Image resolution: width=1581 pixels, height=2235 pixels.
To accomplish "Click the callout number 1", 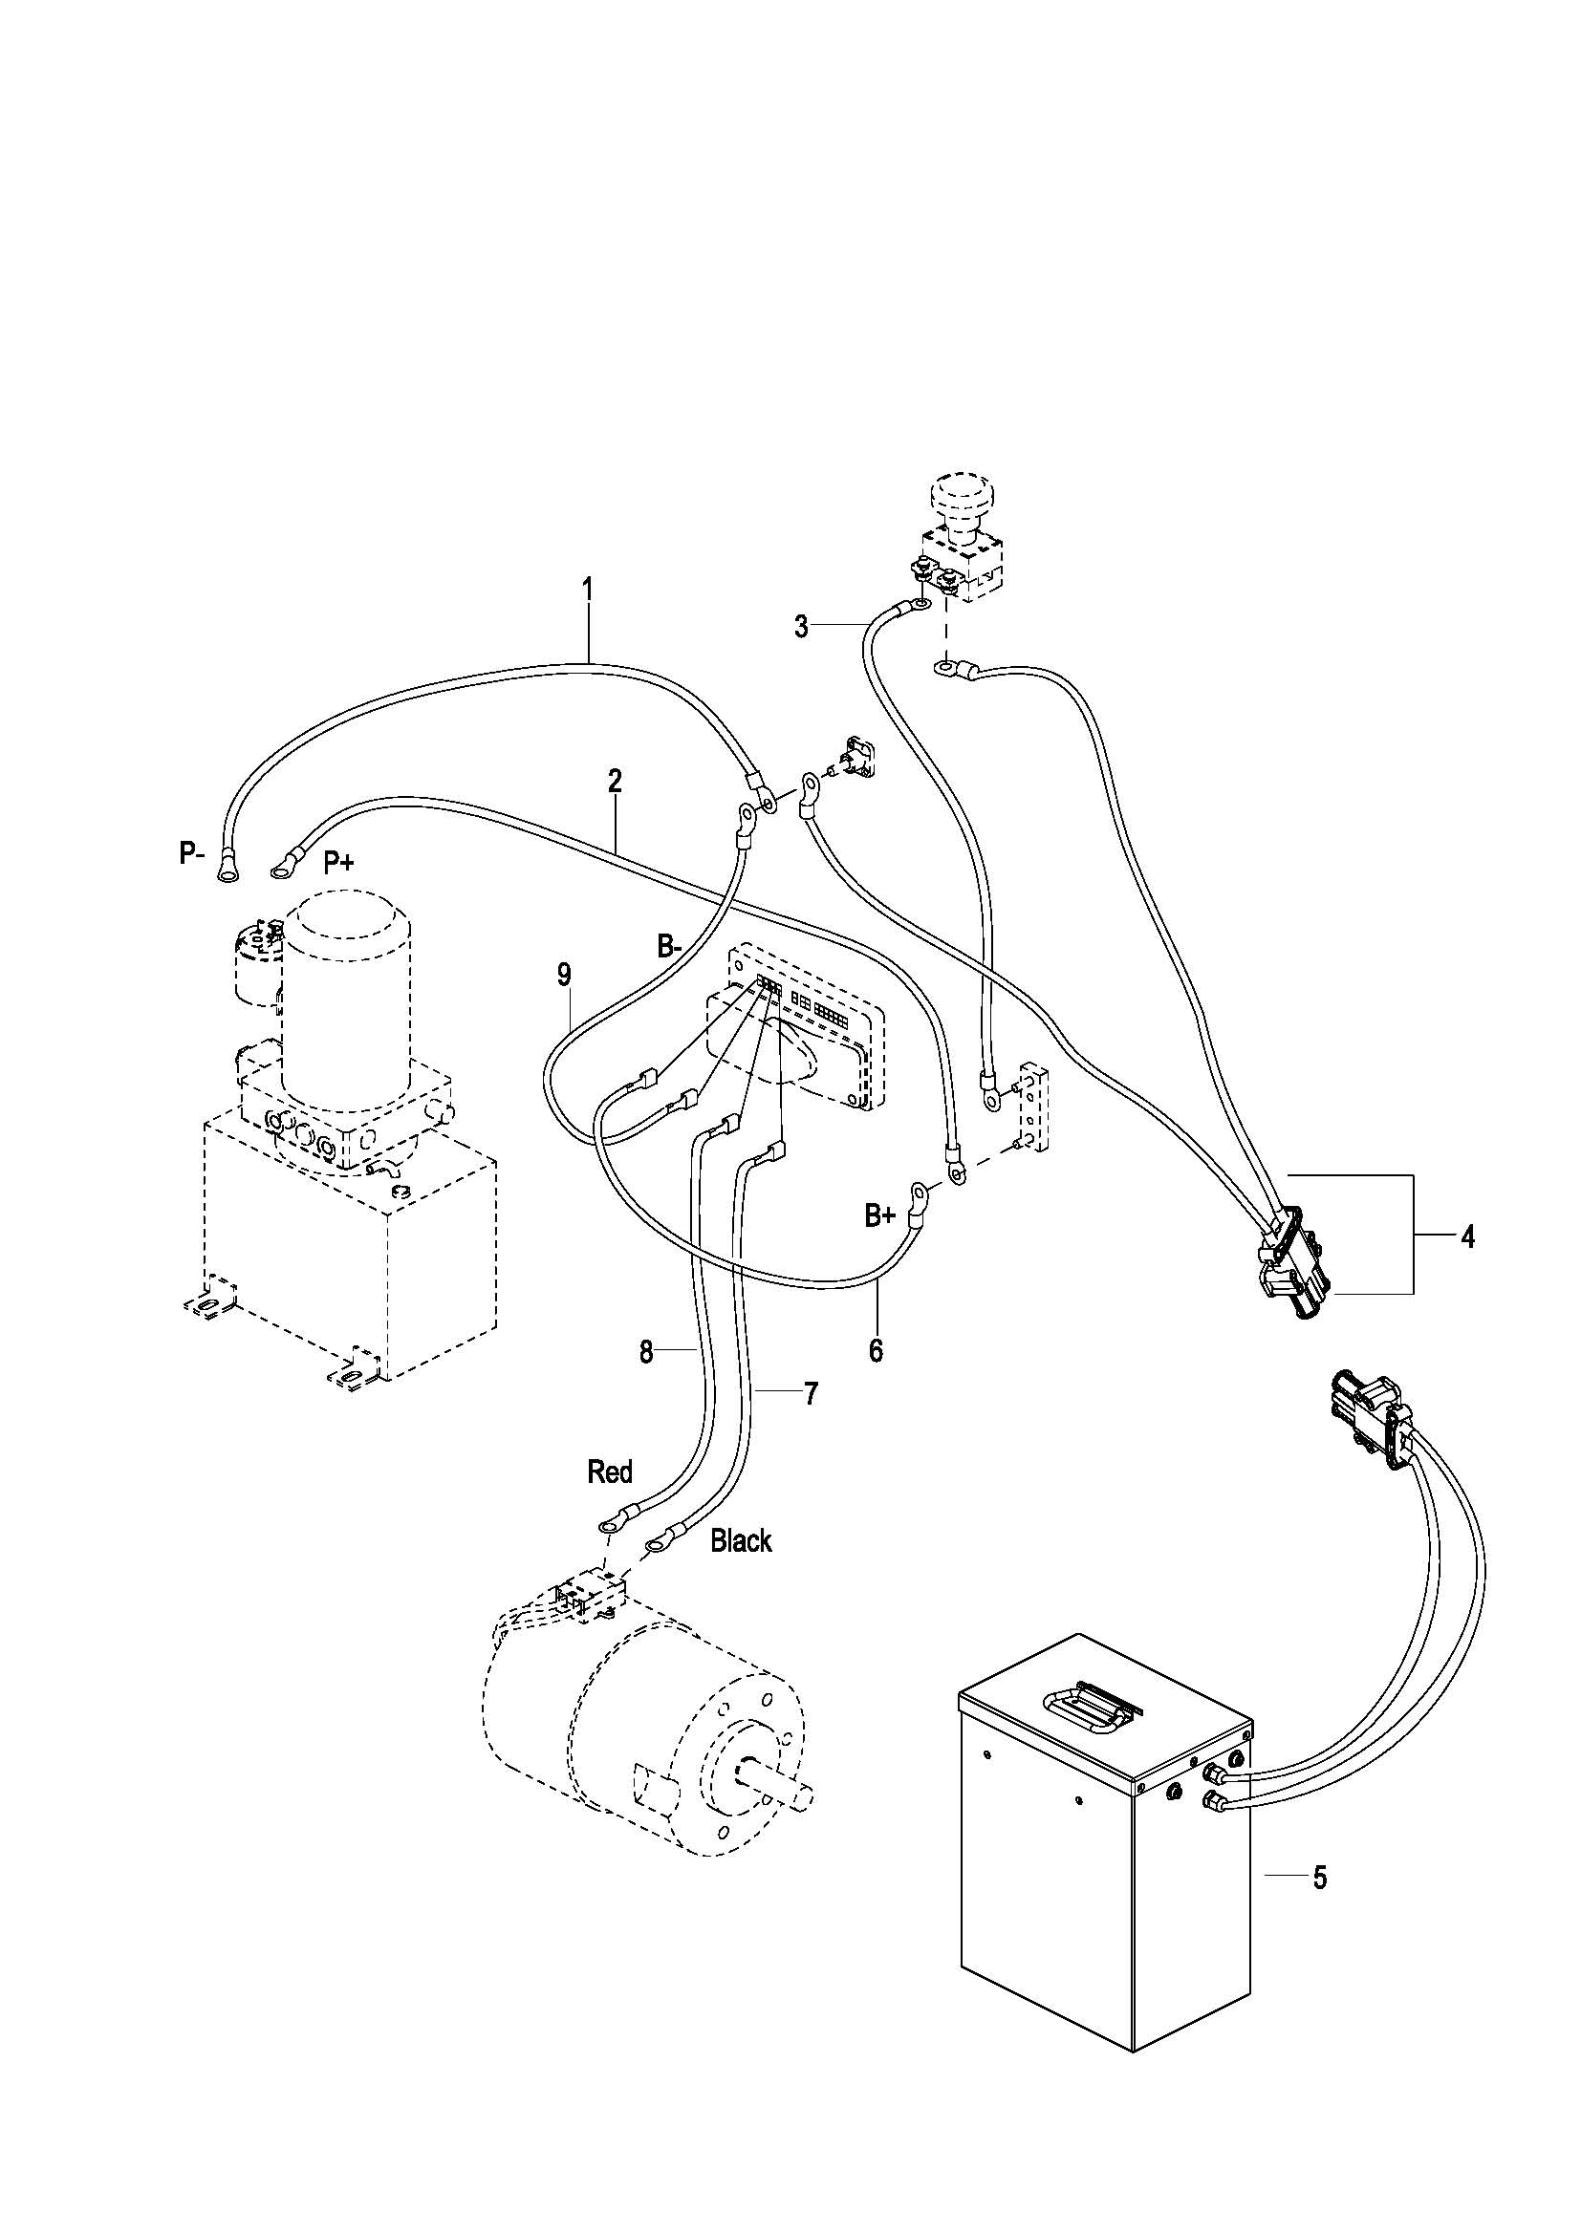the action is (x=587, y=589).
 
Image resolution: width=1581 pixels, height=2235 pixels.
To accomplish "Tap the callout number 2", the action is (x=615, y=781).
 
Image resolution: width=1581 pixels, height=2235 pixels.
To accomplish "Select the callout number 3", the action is (x=801, y=627).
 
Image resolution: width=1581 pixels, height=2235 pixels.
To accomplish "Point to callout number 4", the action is (x=1467, y=1237).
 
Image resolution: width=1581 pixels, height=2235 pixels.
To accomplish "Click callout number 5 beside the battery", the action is (x=1320, y=1878).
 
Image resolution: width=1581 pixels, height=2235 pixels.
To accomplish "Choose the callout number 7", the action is (x=811, y=1393).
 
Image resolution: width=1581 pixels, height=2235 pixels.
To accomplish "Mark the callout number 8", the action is (x=646, y=1353).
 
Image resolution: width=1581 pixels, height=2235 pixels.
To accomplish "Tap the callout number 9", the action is (x=565, y=975).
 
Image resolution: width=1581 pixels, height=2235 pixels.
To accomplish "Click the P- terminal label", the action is (x=192, y=853).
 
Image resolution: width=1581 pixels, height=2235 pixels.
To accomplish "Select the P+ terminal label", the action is (x=338, y=863).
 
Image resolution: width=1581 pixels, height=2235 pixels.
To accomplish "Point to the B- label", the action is (x=670, y=945).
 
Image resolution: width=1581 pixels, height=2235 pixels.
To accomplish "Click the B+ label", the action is (x=880, y=1214).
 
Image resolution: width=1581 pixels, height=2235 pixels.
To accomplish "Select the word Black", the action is (x=741, y=1541).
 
